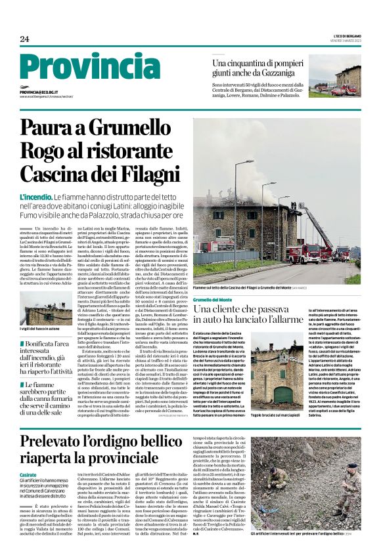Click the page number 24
[24, 40]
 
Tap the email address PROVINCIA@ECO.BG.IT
[39, 93]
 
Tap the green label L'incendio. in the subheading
[36, 197]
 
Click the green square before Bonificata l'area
[22, 344]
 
